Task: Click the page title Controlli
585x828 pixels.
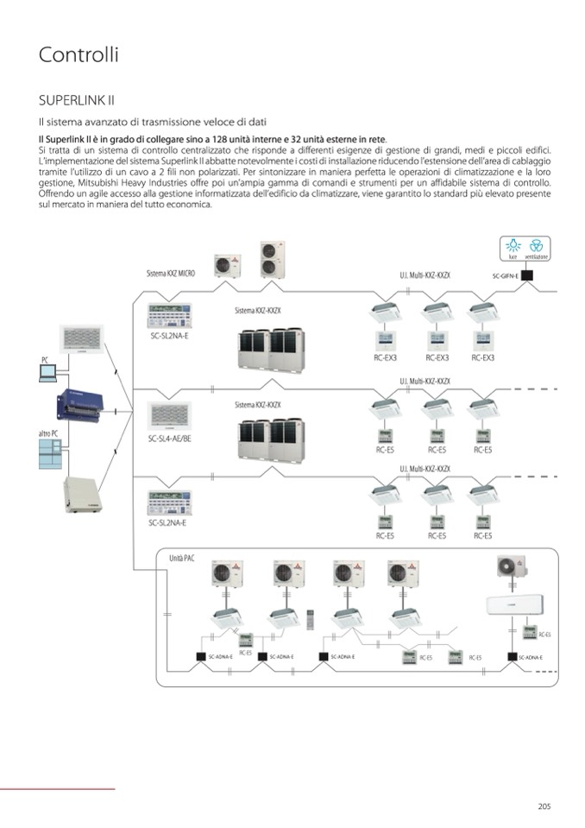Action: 79,54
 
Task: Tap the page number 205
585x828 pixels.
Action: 544,806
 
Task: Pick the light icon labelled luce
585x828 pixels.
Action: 513,244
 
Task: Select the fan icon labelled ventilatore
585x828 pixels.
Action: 536,244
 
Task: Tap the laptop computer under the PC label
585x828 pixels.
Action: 48,373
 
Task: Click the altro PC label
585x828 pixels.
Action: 48,433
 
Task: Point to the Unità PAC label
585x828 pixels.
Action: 182,559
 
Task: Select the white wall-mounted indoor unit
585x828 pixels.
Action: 519,605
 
